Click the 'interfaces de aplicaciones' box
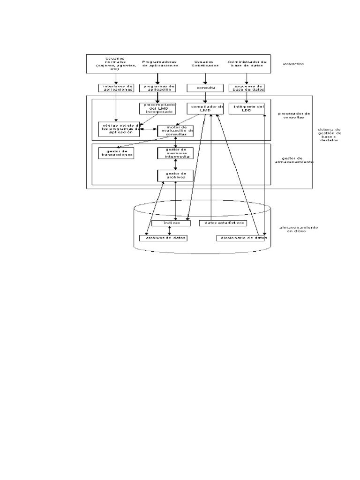[116, 88]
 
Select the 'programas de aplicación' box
[157, 88]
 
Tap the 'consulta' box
[204, 88]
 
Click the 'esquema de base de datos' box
[247, 88]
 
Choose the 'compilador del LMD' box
[205, 108]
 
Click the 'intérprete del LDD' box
[247, 108]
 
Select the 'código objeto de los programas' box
[119, 128]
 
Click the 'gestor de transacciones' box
[116, 153]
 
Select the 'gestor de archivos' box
[175, 176]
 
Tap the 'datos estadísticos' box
[223, 223]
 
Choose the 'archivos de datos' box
[164, 238]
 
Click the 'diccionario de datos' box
[241, 238]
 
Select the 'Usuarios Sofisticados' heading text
[203, 63]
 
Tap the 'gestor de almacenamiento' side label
[294, 160]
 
